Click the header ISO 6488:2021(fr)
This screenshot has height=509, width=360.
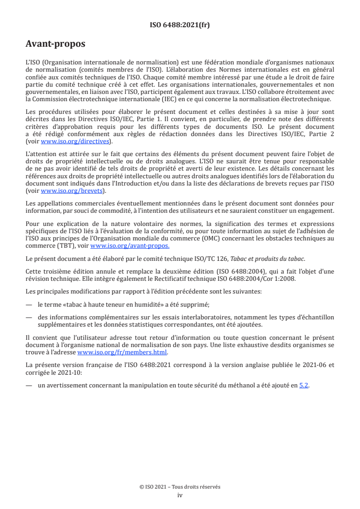tap(180, 25)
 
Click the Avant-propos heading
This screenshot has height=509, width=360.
tap(55, 44)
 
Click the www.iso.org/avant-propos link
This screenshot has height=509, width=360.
tap(130, 245)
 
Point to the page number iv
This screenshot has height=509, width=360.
tap(180, 495)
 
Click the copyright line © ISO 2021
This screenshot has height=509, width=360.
tap(180, 487)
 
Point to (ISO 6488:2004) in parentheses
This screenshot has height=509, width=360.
tap(233, 272)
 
